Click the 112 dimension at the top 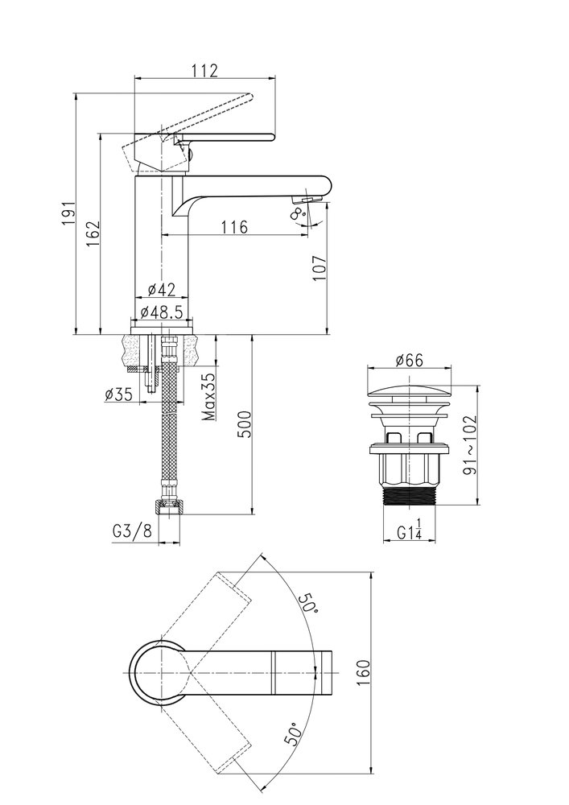(x=205, y=70)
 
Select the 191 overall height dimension (x=68, y=213)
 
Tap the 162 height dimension (x=93, y=233)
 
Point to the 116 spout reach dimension (x=235, y=226)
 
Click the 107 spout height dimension (x=320, y=268)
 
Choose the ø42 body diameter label (x=161, y=290)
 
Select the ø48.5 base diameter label (x=162, y=312)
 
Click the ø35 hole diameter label (x=118, y=394)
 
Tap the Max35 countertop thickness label (x=208, y=397)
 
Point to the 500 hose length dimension (x=245, y=424)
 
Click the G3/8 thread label (x=132, y=531)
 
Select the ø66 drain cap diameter (x=410, y=361)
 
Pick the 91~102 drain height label (x=469, y=444)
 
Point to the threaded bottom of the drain (x=410, y=495)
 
